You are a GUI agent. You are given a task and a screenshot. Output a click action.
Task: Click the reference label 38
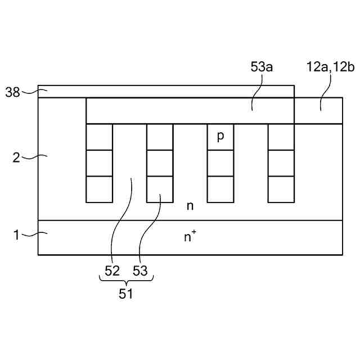click(13, 92)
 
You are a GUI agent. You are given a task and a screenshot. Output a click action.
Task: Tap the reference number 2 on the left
click(17, 157)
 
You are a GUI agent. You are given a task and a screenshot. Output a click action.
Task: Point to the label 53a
click(262, 67)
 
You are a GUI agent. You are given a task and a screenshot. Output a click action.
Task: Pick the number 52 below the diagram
click(112, 271)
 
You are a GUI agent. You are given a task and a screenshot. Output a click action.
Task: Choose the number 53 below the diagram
click(140, 271)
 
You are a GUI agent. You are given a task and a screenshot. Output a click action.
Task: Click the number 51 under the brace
click(126, 294)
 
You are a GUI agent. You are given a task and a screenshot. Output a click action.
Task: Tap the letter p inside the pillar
click(220, 137)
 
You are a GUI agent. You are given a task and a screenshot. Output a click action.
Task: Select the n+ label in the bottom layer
click(191, 237)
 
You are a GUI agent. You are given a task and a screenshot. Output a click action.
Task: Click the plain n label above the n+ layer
click(190, 206)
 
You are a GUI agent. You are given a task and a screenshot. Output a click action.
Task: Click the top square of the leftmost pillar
click(99, 137)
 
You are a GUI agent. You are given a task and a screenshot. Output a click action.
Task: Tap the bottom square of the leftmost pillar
click(99, 190)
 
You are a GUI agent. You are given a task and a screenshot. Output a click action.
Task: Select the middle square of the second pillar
click(160, 163)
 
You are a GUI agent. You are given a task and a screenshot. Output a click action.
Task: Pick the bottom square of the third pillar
click(220, 190)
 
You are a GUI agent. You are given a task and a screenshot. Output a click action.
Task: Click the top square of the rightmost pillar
click(281, 137)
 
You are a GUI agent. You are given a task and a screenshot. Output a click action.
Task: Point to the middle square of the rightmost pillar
click(281, 163)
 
